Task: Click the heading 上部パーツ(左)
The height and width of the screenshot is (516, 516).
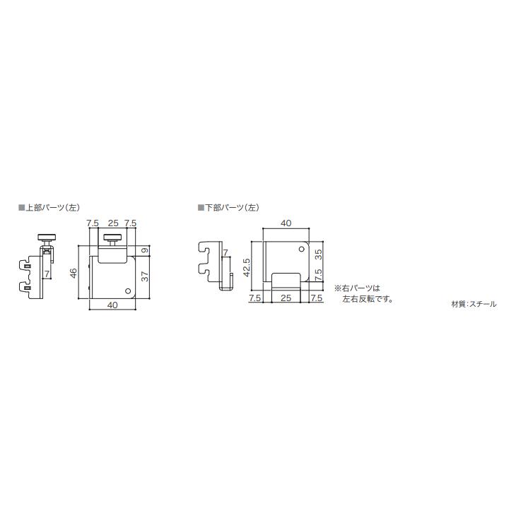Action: (52, 208)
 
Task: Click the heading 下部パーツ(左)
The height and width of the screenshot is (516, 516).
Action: (231, 208)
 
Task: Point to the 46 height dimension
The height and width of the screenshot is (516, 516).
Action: (74, 274)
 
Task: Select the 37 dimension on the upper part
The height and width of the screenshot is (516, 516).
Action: (143, 277)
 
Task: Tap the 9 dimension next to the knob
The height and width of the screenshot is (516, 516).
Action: (143, 251)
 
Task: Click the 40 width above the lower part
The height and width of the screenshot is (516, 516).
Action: (286, 223)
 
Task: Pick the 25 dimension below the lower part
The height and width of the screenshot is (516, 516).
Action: (286, 299)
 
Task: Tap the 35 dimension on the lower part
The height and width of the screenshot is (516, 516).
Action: (318, 256)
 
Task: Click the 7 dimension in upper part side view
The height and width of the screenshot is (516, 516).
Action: (47, 273)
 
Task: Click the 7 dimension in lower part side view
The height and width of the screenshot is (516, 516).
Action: (225, 252)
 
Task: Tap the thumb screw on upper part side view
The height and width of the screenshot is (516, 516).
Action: (46, 238)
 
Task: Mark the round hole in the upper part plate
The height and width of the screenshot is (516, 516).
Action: (127, 291)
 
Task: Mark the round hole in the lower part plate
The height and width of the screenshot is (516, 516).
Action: (300, 252)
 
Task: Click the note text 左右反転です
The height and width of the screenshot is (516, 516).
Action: (367, 299)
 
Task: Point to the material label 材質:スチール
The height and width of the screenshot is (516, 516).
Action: (474, 304)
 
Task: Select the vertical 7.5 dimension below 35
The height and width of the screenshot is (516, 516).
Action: (318, 274)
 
